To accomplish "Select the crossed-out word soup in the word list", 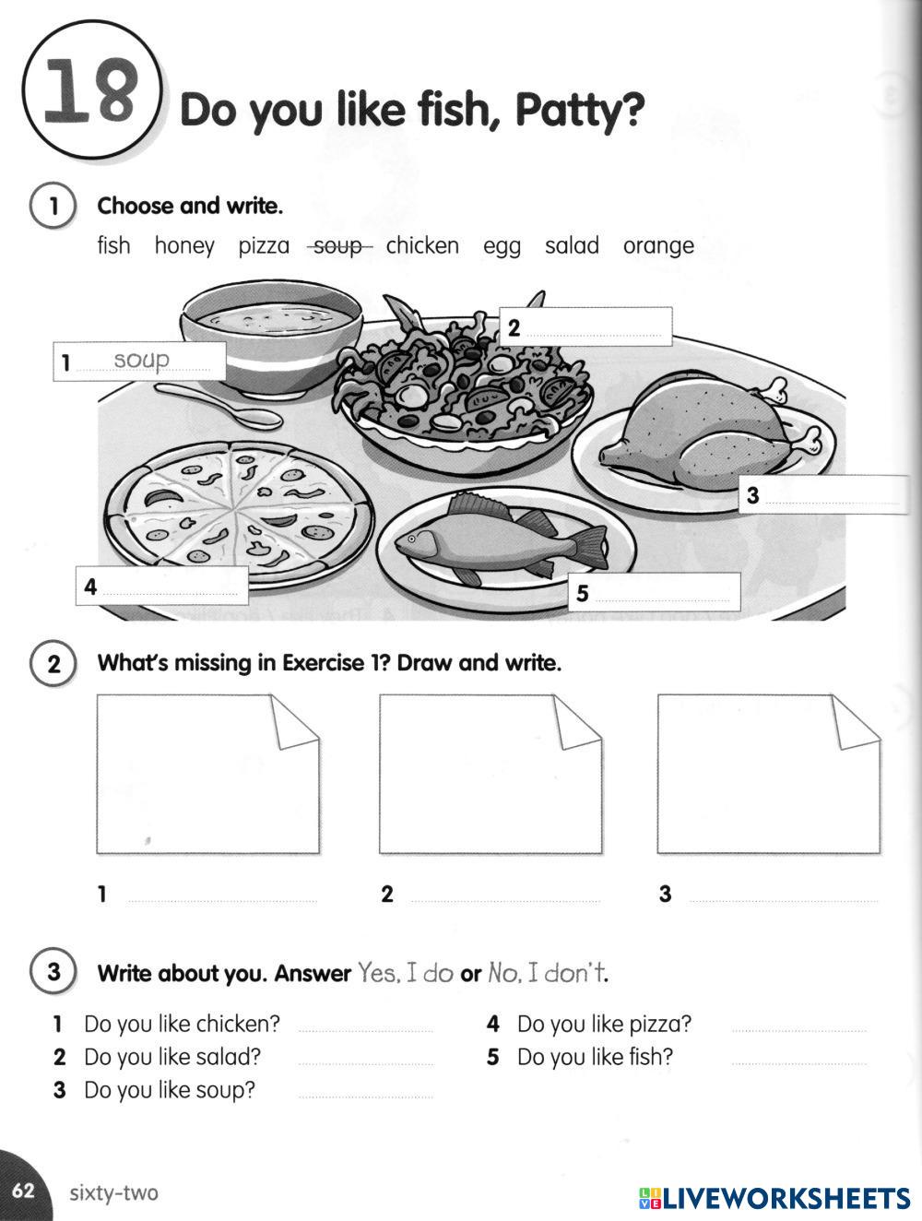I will click(x=338, y=246).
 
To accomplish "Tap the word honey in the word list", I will click(x=184, y=246).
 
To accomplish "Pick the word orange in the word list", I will click(x=658, y=246).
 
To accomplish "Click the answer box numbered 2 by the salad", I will click(x=585, y=327).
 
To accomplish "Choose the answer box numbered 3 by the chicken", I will click(x=823, y=495).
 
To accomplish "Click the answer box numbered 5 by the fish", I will click(x=655, y=592).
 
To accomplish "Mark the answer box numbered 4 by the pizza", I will click(x=162, y=587).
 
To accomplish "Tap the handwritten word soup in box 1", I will click(x=142, y=360).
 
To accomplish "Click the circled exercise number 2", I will click(x=53, y=664).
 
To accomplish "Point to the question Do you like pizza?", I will click(x=603, y=1025).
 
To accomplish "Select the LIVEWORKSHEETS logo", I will click(x=774, y=1197).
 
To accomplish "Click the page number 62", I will click(x=22, y=1191).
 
